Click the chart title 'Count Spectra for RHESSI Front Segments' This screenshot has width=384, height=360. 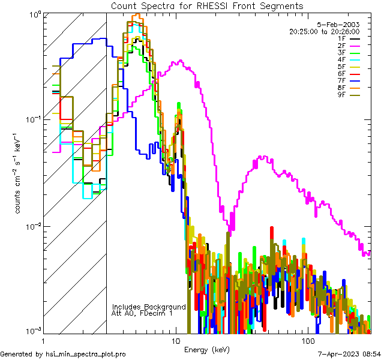coord(207,5)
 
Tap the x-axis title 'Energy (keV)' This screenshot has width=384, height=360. coord(207,350)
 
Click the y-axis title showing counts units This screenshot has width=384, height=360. coord(19,174)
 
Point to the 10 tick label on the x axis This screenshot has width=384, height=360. coord(176,340)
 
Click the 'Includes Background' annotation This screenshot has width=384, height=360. coord(149,307)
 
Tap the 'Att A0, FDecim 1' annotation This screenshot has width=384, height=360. coord(142,314)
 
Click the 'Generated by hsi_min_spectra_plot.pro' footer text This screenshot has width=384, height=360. coord(63,355)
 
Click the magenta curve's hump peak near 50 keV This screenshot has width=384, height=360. coord(262,157)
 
